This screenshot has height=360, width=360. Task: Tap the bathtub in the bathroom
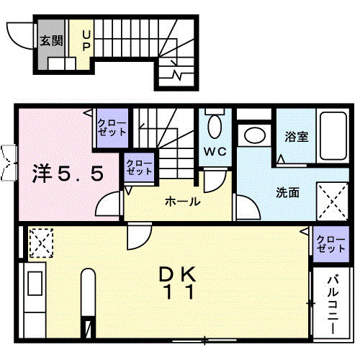click(333, 138)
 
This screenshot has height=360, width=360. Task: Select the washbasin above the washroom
click(253, 135)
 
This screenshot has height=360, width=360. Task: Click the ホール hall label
click(183, 202)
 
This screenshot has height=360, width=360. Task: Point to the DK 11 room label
click(176, 283)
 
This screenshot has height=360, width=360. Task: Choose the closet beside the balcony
click(330, 243)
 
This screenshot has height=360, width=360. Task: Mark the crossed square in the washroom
click(333, 195)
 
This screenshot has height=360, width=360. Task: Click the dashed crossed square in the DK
click(40, 242)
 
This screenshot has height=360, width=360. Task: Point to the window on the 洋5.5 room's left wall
click(9, 162)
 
